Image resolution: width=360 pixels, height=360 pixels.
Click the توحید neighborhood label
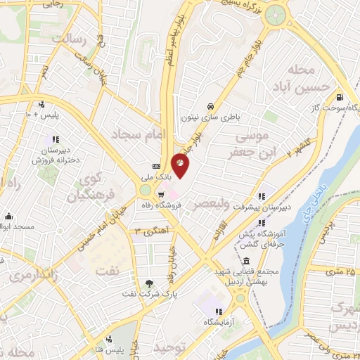(168, 349)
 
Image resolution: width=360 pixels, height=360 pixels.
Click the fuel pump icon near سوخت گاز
(340, 97)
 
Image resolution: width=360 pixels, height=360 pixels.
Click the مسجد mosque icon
(8, 216)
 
